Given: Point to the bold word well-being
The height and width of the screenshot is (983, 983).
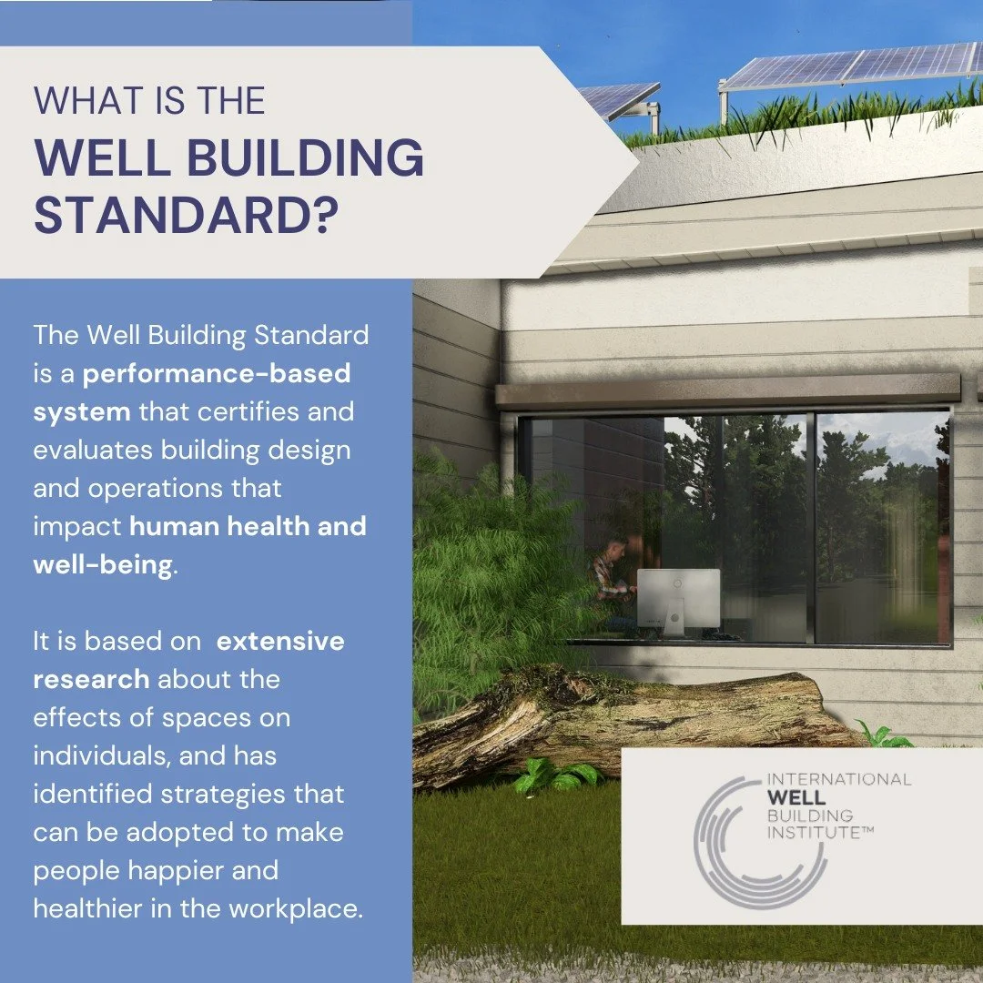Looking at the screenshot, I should [102, 564].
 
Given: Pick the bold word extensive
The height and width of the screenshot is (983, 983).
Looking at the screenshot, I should [280, 641].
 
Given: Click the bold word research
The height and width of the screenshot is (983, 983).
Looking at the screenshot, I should [91, 679].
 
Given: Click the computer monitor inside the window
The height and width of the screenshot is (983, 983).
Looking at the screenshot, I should [677, 596].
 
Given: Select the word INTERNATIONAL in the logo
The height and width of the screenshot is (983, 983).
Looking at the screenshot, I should [839, 779].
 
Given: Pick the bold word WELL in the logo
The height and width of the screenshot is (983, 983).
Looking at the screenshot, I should [798, 797].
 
